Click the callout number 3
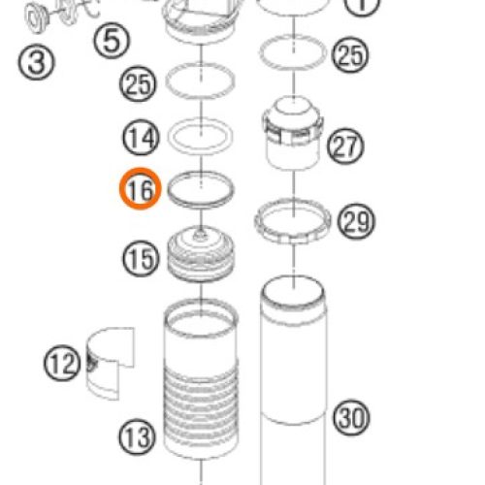click(36, 62)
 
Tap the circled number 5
click(112, 41)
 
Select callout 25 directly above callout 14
click(138, 84)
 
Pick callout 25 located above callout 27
click(350, 54)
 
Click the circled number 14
click(141, 137)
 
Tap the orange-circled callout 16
click(141, 189)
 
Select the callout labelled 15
click(141, 258)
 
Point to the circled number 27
click(345, 146)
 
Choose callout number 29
click(356, 221)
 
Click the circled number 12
click(62, 363)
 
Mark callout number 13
click(138, 436)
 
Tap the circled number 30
click(351, 417)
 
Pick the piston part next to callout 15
click(201, 254)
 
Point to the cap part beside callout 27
click(293, 133)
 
